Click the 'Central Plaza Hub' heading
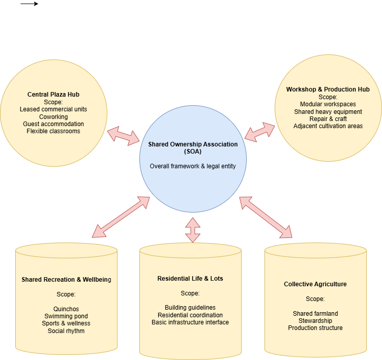pyautogui.click(x=53, y=95)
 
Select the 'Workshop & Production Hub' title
pyautogui.click(x=328, y=89)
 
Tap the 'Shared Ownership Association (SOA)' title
pyautogui.click(x=193, y=147)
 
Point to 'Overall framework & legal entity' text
pyautogui.click(x=193, y=166)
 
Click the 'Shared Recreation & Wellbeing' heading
pyautogui.click(x=66, y=280)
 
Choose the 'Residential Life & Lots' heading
pyautogui.click(x=190, y=279)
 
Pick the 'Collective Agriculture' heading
pyautogui.click(x=315, y=284)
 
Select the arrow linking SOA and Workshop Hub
pyautogui.click(x=259, y=132)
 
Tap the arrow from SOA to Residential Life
pyautogui.click(x=193, y=229)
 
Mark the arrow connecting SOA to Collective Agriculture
pyautogui.click(x=266, y=217)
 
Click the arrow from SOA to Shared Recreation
pyautogui.click(x=121, y=217)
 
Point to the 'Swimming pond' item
pyautogui.click(x=66, y=316)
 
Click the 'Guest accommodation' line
pyautogui.click(x=53, y=124)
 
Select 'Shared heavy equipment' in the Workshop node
pyautogui.click(x=328, y=111)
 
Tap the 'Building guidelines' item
pyautogui.click(x=190, y=308)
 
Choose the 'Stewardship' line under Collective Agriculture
pyautogui.click(x=315, y=321)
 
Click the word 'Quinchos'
pyautogui.click(x=66, y=309)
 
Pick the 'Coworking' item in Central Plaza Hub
pyautogui.click(x=53, y=117)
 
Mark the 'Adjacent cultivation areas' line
pyautogui.click(x=328, y=126)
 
